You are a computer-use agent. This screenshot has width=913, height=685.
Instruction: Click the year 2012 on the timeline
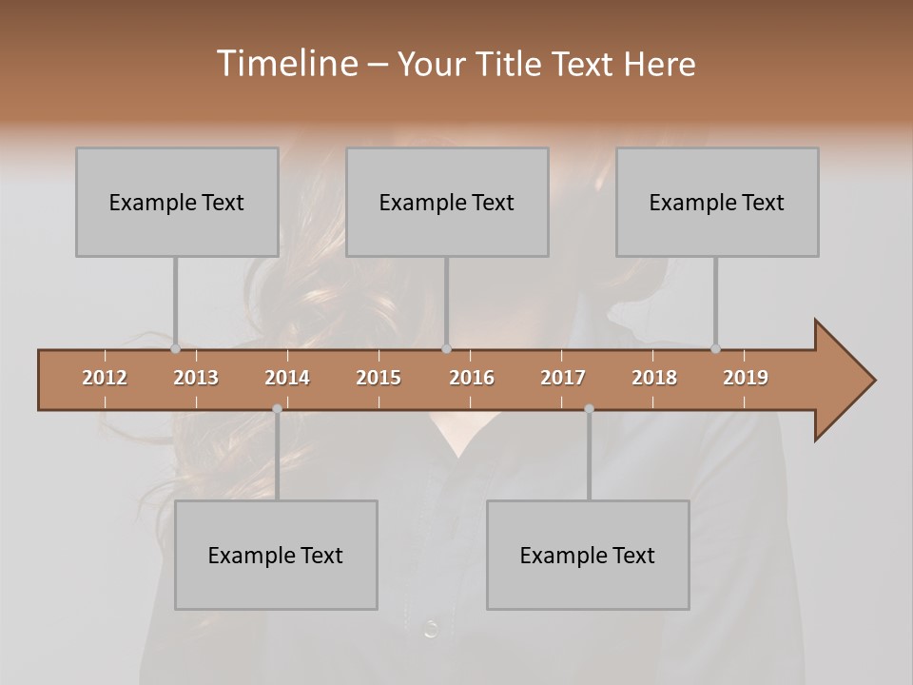point(105,378)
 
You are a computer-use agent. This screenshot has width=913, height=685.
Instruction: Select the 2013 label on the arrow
point(196,378)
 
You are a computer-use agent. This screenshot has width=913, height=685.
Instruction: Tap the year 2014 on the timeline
point(287,378)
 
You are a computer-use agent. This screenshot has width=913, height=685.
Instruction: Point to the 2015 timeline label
point(379,378)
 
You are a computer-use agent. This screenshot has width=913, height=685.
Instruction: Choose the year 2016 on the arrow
point(472,378)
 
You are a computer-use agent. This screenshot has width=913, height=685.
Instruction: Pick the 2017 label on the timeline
point(563,378)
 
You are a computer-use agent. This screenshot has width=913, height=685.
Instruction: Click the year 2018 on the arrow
point(654,378)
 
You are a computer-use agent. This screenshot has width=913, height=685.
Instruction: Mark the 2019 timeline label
point(746,378)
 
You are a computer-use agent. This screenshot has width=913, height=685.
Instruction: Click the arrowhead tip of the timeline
point(872,381)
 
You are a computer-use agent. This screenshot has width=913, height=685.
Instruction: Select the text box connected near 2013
point(177,202)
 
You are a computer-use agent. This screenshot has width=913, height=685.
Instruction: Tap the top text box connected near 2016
point(447,202)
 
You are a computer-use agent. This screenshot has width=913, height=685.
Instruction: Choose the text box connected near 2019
point(717,202)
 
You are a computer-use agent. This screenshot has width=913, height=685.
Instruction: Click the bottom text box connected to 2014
point(276,555)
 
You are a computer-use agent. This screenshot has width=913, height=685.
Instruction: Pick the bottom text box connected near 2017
point(588,555)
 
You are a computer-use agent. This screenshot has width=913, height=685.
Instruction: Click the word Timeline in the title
point(285,63)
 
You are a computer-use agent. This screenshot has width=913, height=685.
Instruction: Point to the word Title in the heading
point(514,65)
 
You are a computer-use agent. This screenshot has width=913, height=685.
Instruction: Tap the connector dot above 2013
point(176,349)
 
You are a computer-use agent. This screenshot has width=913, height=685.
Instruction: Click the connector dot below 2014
point(277,409)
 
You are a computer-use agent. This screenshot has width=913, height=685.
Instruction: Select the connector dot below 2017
point(589,409)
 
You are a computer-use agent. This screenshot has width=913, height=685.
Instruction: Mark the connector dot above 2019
point(716,349)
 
